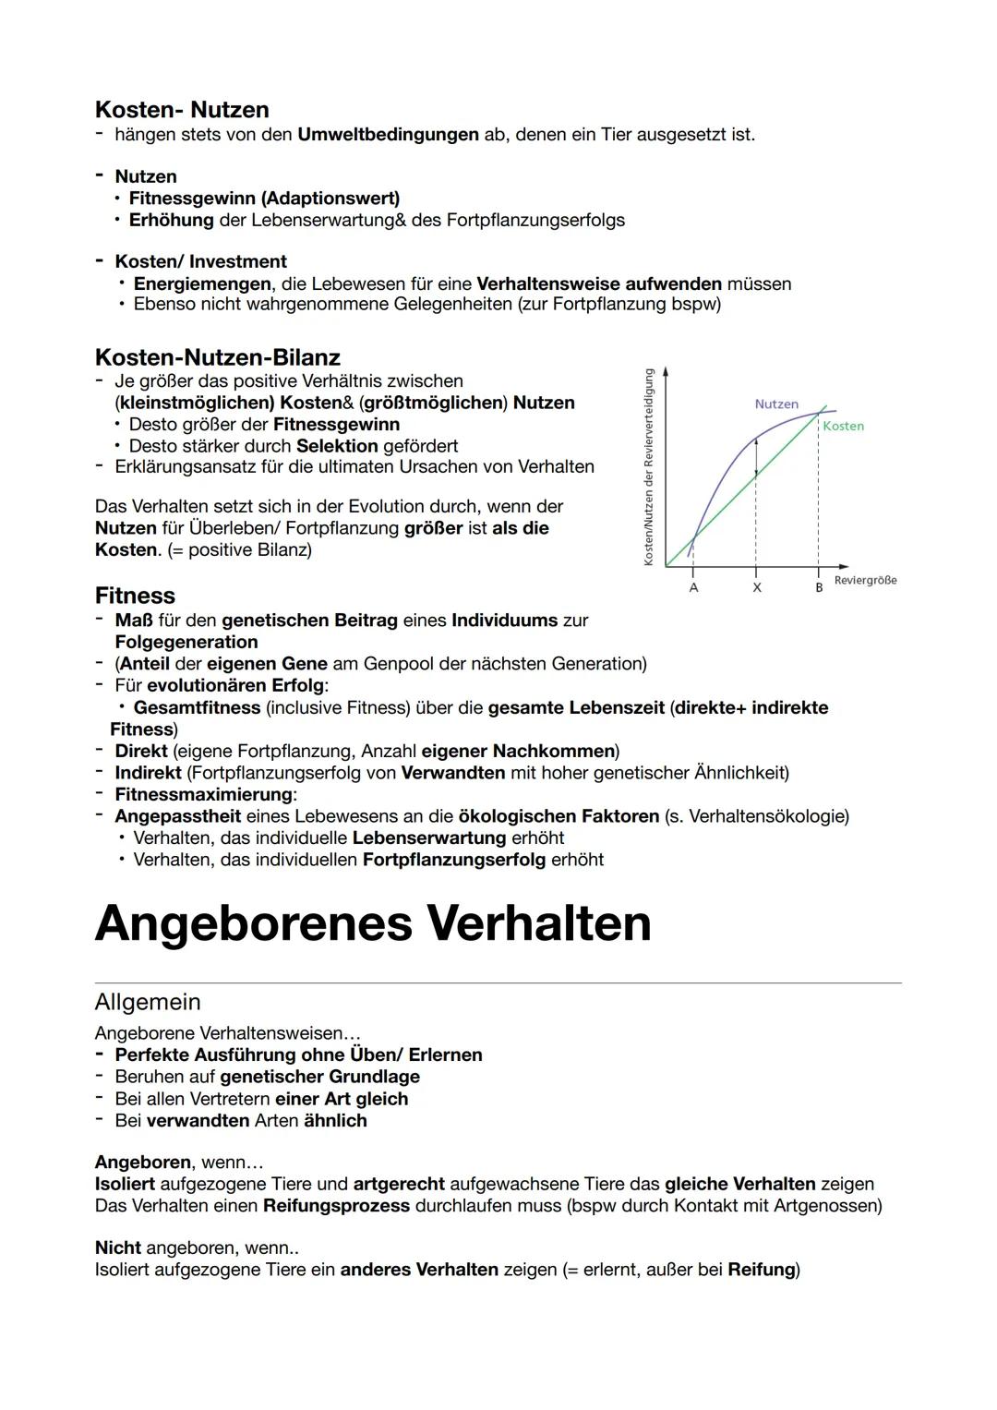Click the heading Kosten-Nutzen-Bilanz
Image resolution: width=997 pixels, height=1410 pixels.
(x=217, y=357)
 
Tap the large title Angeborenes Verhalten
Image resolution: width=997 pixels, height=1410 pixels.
(x=373, y=922)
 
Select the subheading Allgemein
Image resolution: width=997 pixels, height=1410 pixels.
(x=148, y=1002)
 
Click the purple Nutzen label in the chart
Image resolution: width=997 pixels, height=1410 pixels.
(x=776, y=404)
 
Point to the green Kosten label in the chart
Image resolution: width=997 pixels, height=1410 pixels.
(x=843, y=426)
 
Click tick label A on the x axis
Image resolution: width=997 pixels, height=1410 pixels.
(x=693, y=587)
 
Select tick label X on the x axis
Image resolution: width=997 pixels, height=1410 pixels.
(x=756, y=587)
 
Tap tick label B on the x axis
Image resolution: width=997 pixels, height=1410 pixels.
(x=818, y=587)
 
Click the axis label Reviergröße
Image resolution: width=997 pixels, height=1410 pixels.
(x=865, y=580)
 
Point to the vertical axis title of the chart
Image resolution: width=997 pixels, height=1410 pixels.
(x=649, y=467)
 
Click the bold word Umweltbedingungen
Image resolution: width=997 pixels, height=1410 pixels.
(x=388, y=135)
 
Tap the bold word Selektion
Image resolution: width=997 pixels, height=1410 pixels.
(x=337, y=446)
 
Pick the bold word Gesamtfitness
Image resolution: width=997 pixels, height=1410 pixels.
(x=197, y=707)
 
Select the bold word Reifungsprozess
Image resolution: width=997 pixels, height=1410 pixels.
(x=336, y=1205)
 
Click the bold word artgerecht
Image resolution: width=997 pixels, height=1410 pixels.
(x=399, y=1184)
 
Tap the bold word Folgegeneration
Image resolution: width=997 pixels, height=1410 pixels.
(x=186, y=642)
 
